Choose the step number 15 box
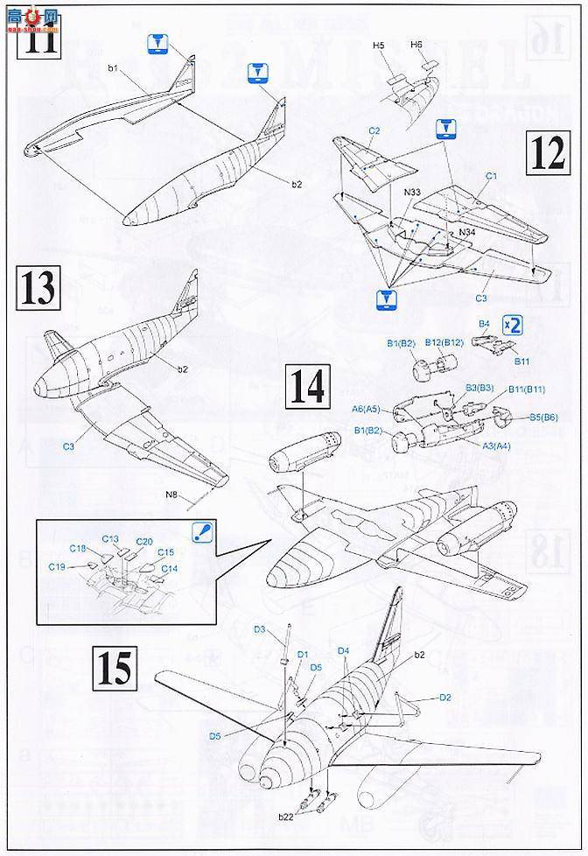(115, 669)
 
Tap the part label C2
(374, 131)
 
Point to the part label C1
(491, 176)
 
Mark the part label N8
(171, 496)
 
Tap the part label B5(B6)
(543, 417)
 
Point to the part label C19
(59, 567)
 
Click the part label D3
(260, 628)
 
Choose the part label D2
(444, 697)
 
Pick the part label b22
(286, 816)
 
